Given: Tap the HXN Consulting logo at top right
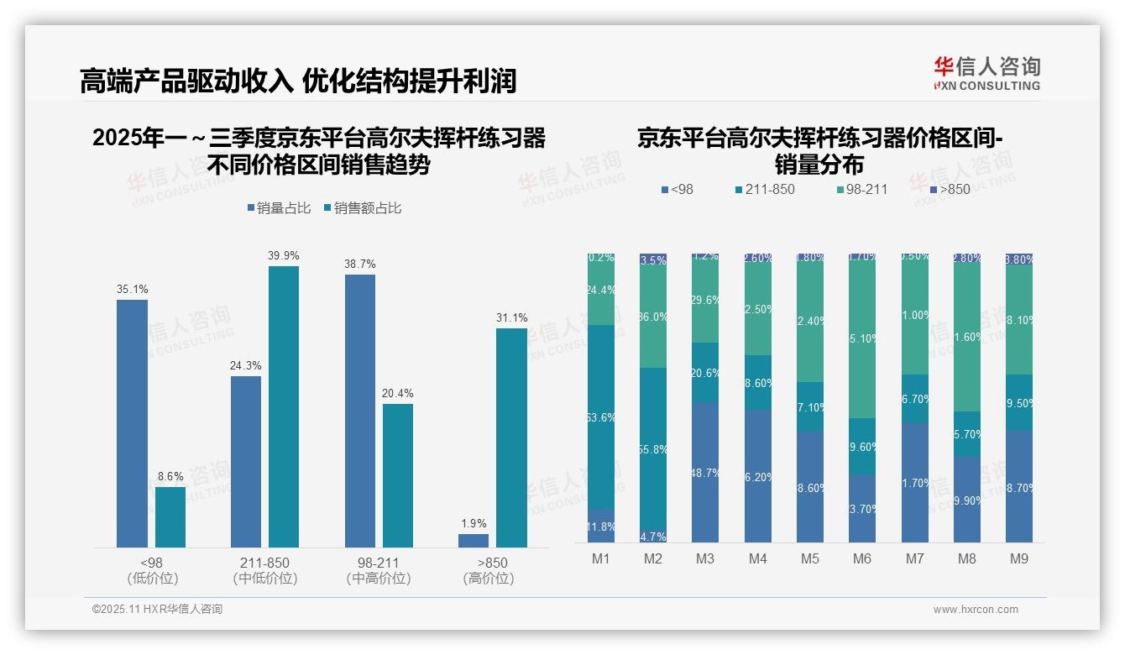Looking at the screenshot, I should click(x=986, y=73).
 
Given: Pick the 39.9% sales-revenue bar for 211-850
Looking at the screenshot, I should click(x=284, y=406).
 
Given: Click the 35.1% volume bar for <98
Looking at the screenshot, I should click(x=132, y=423).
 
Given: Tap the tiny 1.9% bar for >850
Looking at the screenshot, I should click(x=474, y=540).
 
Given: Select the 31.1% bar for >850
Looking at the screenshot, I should click(x=511, y=438).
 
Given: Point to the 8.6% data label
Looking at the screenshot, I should click(x=170, y=475).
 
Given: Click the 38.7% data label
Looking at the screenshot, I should click(x=359, y=264).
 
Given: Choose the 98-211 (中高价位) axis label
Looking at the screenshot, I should click(x=378, y=570).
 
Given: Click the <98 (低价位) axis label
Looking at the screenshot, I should click(x=152, y=570).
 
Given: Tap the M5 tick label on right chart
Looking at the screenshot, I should click(x=810, y=558).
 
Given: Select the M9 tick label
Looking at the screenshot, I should click(x=1018, y=558).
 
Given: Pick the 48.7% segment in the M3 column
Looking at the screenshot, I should click(x=705, y=472).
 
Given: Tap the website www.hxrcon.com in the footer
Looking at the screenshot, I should click(x=976, y=610).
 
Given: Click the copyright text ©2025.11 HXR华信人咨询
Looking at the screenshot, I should click(x=157, y=610).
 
